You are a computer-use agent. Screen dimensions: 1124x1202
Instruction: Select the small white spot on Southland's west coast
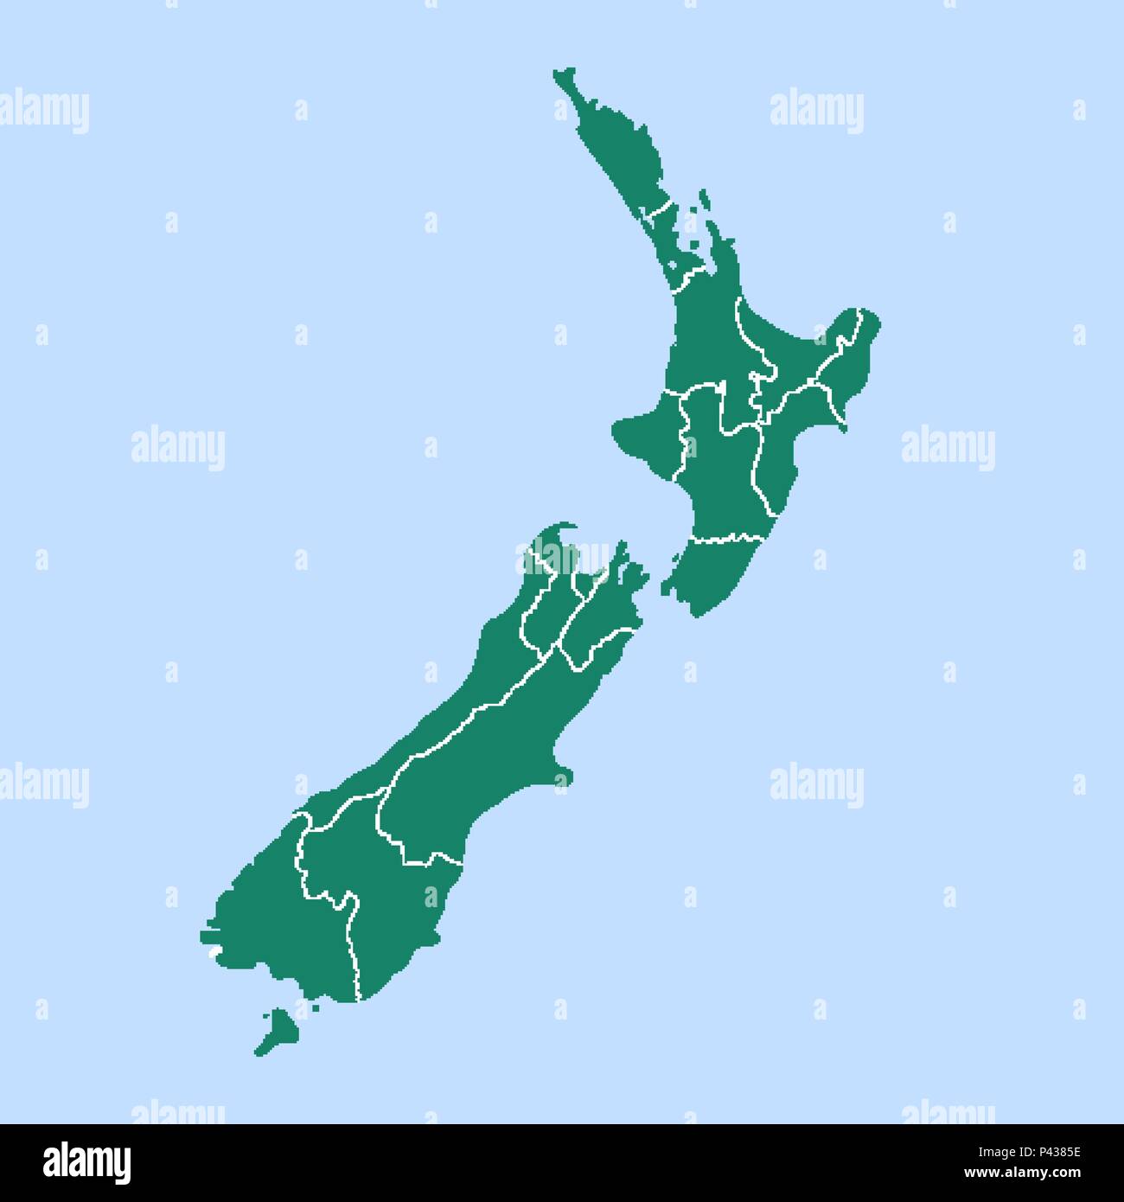pos(212,954)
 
